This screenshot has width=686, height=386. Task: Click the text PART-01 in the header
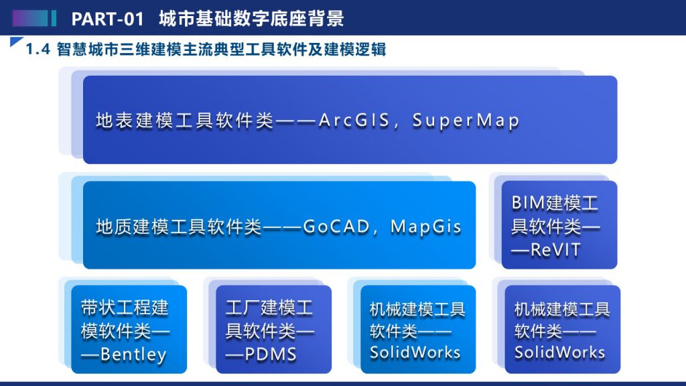(x=108, y=19)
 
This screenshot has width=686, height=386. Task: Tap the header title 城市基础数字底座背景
(x=252, y=19)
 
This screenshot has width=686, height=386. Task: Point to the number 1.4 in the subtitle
(x=38, y=50)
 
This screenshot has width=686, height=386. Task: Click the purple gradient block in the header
(x=30, y=18)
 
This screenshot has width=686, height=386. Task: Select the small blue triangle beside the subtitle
(x=15, y=41)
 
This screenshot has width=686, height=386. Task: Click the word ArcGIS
(x=354, y=121)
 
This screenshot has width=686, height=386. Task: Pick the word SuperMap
(x=466, y=121)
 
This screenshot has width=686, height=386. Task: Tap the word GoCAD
(x=336, y=227)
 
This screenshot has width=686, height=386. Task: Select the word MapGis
(x=425, y=227)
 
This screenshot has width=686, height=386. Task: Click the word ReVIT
(x=555, y=250)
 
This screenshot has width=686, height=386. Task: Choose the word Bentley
(x=133, y=355)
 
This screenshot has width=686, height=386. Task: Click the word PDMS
(x=271, y=354)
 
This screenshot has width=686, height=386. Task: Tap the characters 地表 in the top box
(x=114, y=121)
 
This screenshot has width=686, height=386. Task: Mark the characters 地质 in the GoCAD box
(x=114, y=227)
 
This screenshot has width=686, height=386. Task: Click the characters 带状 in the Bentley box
(x=98, y=308)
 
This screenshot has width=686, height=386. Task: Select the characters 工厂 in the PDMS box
(x=243, y=308)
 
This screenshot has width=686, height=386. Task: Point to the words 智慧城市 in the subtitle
(x=88, y=50)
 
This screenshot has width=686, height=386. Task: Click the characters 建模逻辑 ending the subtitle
(x=355, y=50)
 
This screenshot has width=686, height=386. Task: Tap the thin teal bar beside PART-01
(x=54, y=18)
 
